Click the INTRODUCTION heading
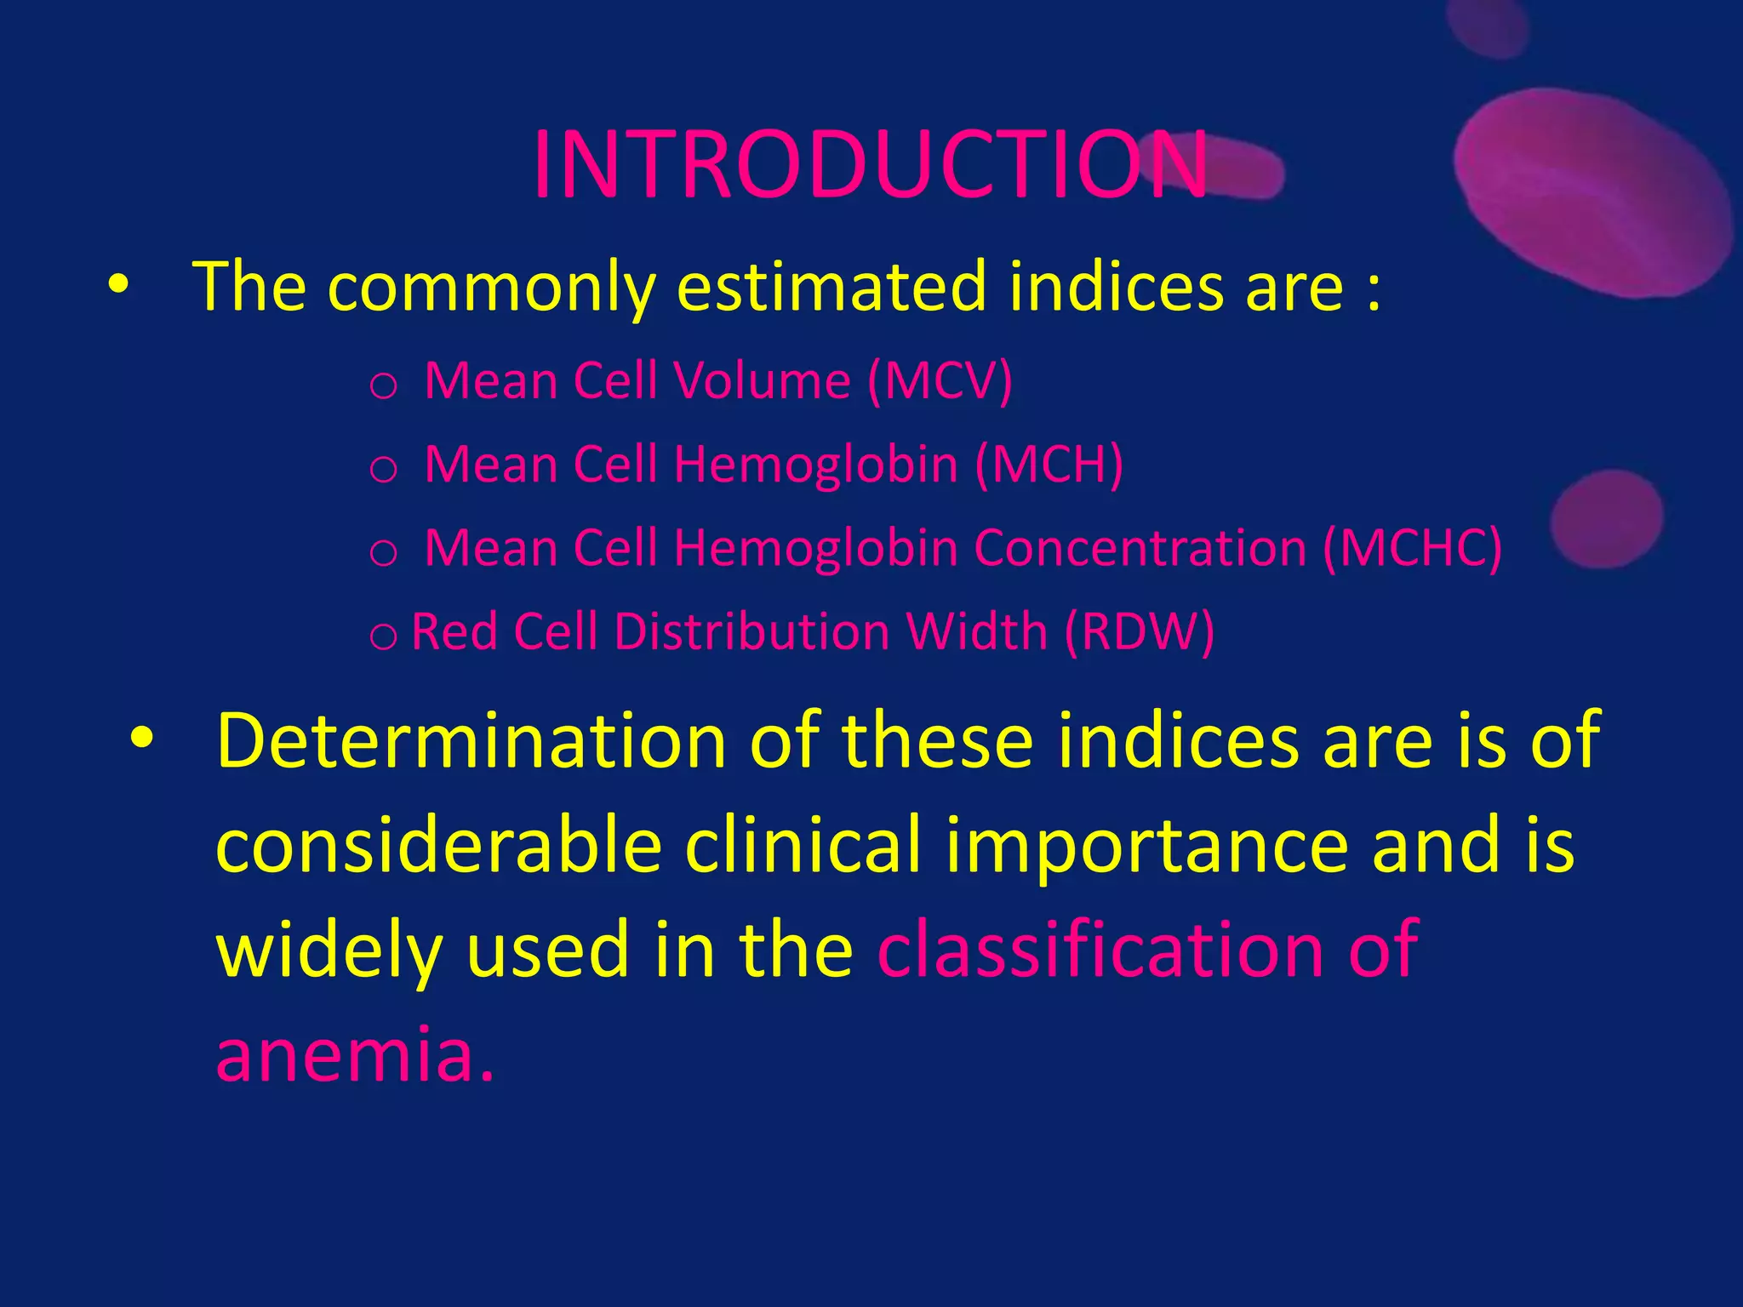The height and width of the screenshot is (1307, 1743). [869, 166]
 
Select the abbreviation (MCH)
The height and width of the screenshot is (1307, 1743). [1049, 465]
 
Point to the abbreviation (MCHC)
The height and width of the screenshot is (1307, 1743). [1412, 548]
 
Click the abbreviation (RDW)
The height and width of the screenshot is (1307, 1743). [1140, 632]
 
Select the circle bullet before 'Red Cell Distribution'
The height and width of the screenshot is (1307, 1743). [383, 636]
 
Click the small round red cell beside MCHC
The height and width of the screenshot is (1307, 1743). [1605, 519]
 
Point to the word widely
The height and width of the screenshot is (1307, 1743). [329, 950]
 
